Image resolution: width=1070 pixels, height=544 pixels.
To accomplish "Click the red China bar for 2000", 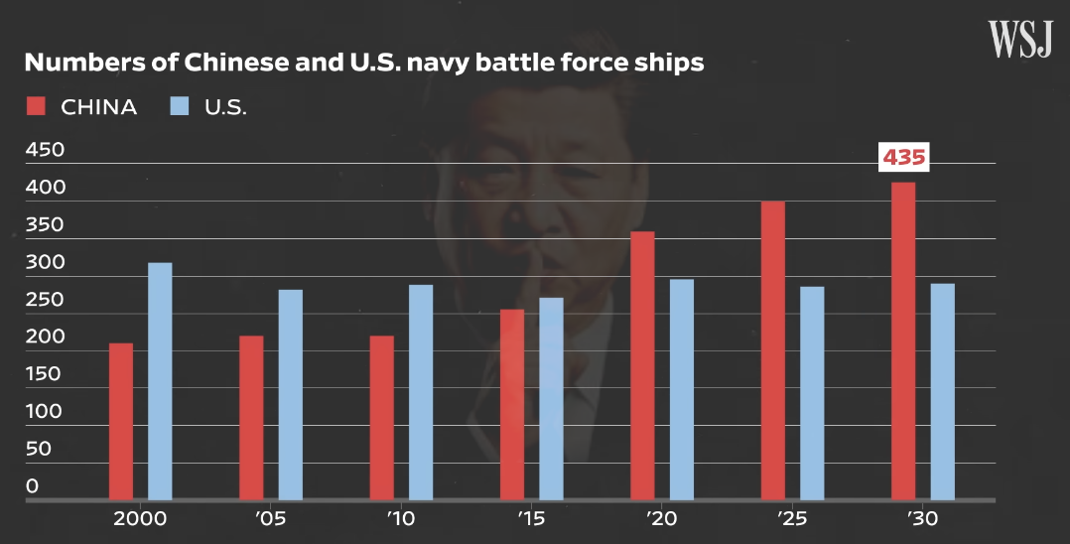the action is (121, 421).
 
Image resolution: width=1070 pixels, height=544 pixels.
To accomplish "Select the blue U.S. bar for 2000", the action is (160, 381).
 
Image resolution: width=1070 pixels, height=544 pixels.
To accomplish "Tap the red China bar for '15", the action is (512, 405).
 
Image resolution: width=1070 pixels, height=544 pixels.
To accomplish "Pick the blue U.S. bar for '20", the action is (681, 390).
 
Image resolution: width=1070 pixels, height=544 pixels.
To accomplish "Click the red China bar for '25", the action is (772, 350).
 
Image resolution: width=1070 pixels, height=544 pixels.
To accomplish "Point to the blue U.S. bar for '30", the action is (942, 392).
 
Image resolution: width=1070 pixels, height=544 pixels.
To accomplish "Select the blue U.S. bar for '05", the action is (290, 395).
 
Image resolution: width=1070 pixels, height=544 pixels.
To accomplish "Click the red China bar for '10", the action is (381, 418).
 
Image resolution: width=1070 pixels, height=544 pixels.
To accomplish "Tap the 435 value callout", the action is (903, 158).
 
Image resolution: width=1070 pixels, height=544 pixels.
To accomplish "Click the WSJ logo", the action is (1020, 40).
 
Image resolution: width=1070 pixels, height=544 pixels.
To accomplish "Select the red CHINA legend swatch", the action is (36, 106).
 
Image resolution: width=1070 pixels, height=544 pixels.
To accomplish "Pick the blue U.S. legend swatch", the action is (180, 106).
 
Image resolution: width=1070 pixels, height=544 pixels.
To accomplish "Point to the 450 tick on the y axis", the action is (45, 150).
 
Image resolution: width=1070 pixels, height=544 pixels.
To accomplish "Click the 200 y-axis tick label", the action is (45, 337).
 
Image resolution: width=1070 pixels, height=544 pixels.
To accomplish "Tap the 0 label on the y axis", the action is (32, 486).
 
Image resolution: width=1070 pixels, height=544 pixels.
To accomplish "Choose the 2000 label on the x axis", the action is (140, 519).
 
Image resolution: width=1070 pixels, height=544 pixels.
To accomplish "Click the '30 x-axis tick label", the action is (923, 519).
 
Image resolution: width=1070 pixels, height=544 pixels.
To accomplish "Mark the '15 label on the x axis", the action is (532, 519).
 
